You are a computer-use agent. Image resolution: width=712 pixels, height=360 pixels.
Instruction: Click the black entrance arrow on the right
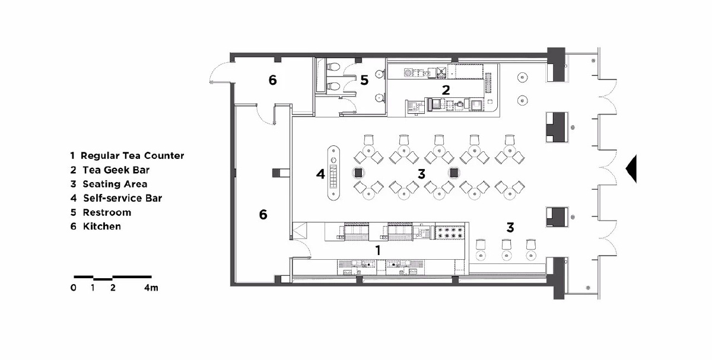click(x=632, y=168)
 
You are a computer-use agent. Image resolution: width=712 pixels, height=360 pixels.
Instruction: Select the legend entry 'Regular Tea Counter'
click(x=132, y=156)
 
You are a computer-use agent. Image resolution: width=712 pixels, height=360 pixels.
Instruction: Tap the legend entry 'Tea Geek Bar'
click(x=116, y=170)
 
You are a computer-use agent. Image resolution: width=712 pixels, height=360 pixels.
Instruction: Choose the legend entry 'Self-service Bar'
click(x=123, y=198)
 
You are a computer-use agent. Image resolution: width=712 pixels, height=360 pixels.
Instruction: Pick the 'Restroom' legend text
click(x=107, y=212)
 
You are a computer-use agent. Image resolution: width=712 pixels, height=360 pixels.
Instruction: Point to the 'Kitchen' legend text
click(x=101, y=226)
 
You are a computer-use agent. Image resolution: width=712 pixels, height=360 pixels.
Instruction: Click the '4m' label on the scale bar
click(x=151, y=288)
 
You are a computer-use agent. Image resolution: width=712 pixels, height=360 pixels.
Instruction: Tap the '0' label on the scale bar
click(x=74, y=288)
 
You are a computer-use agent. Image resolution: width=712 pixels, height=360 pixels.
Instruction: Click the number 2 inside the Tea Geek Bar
click(x=446, y=90)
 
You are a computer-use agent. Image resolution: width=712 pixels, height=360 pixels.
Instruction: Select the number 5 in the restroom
click(x=364, y=80)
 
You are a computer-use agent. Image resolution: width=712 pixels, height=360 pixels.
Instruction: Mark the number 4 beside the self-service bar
click(x=320, y=174)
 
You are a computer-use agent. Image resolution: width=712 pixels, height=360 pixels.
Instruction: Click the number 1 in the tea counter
click(x=378, y=250)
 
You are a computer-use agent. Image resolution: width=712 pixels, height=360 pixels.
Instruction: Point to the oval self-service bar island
click(x=333, y=173)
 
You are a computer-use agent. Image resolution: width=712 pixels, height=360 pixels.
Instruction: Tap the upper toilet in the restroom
click(x=333, y=67)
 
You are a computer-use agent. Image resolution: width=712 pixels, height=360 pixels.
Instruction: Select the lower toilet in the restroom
click(x=333, y=86)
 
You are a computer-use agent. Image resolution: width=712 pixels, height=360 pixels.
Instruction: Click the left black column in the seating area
click(x=358, y=173)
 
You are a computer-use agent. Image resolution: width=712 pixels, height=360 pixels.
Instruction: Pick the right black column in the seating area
click(x=453, y=173)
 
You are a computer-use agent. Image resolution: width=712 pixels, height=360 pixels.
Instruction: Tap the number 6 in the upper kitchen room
click(x=272, y=80)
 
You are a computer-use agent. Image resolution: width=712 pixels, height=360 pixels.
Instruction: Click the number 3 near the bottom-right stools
click(x=510, y=228)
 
